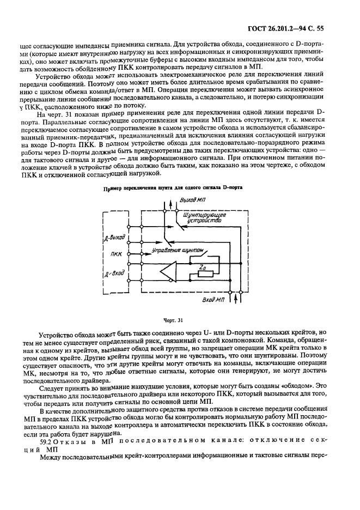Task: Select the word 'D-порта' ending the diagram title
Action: pos(230,188)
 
